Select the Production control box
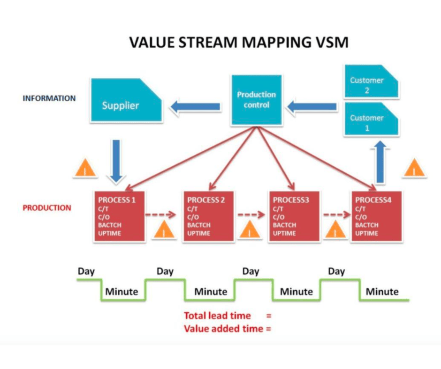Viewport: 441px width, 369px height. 257,99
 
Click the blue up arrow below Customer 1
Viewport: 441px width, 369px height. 380,162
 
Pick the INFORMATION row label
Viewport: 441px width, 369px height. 49,98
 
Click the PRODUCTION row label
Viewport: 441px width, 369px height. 47,207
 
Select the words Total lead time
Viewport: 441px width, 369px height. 217,316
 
